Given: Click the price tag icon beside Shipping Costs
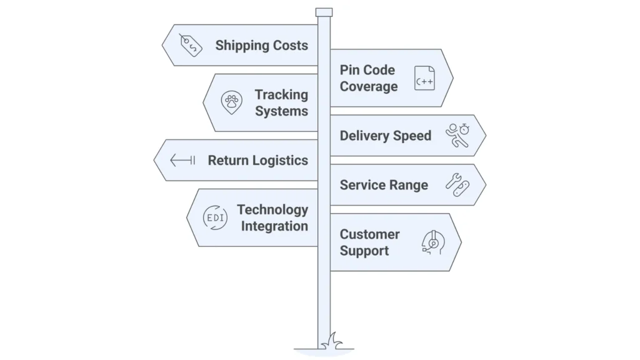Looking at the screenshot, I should click(191, 46).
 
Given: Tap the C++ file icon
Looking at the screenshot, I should click(424, 79).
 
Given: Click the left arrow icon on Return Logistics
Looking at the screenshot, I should click(182, 161).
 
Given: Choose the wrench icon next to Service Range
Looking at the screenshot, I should click(457, 185).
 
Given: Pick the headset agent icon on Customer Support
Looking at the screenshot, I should click(432, 242).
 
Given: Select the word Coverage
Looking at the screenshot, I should click(368, 87).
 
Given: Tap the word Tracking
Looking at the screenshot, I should click(281, 95).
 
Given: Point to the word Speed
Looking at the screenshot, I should click(411, 136).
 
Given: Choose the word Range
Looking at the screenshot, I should click(409, 185).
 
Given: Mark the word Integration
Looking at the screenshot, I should click(274, 226).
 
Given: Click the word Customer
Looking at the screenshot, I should click(369, 234).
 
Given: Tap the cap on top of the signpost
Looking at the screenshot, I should click(324, 12).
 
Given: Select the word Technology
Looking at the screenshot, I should click(272, 210).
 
